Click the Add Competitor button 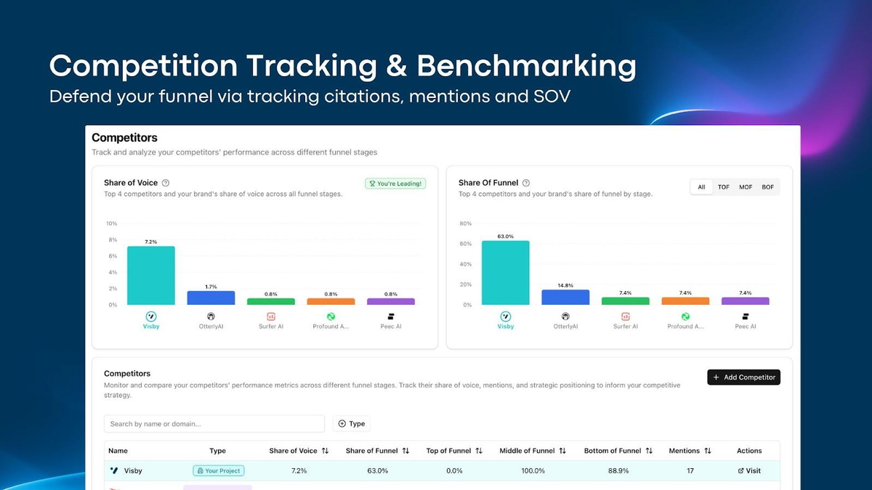point(743,377)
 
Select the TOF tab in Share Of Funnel point(724,187)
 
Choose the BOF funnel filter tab point(767,187)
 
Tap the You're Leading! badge point(395,184)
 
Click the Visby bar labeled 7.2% point(151,275)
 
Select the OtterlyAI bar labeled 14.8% point(565,297)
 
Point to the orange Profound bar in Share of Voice point(331,301)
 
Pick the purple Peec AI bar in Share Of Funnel point(745,301)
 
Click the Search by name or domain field point(214,424)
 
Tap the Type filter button point(352,424)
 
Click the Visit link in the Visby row point(749,471)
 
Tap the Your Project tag point(219,471)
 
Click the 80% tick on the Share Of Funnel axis point(465,224)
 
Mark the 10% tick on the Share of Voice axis point(111,224)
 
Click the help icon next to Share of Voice point(166,184)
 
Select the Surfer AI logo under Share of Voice point(271,317)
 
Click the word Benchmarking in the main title point(526,67)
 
